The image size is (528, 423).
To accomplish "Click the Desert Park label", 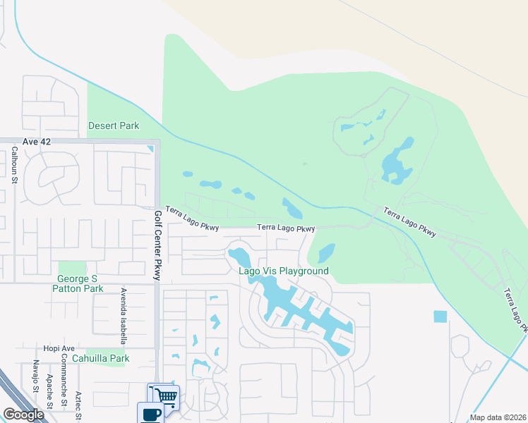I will pos(114,125).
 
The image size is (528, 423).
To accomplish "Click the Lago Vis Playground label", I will pos(284,271).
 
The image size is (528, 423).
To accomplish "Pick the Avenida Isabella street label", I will pos(123,316).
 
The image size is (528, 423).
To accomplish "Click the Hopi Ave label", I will pos(59,348).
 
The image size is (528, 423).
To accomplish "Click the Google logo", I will pos(23,415).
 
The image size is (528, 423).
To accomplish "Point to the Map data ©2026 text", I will pos(497,417).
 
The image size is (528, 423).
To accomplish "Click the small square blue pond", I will pos(440,317).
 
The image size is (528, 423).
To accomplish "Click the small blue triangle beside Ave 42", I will pos(150,148).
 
